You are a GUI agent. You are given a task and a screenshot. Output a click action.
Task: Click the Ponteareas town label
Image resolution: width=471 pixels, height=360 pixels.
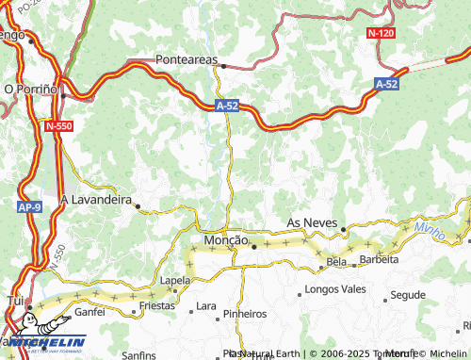[x=186, y=57]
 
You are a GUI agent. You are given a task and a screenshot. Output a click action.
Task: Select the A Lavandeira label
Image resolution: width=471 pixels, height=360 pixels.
[x=95, y=200]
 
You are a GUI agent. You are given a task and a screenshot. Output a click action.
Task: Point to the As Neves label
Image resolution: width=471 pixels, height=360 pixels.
[x=312, y=222]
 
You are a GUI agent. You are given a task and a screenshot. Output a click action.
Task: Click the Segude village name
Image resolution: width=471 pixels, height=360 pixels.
[x=408, y=295]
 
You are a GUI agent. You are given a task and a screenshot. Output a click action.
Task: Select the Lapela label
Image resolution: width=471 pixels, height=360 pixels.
[x=174, y=281]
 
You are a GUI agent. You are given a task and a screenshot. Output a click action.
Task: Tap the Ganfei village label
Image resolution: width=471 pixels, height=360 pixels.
[x=90, y=310]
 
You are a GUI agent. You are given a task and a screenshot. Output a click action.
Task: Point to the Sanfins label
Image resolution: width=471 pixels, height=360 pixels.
[x=138, y=355]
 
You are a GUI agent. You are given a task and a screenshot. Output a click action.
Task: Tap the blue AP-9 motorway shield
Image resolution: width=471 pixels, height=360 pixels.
[x=29, y=206]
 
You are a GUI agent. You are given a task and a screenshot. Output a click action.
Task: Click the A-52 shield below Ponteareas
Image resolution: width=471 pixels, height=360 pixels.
[x=227, y=106]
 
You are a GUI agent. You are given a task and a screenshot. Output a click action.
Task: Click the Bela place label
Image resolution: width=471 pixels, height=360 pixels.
[x=336, y=261]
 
